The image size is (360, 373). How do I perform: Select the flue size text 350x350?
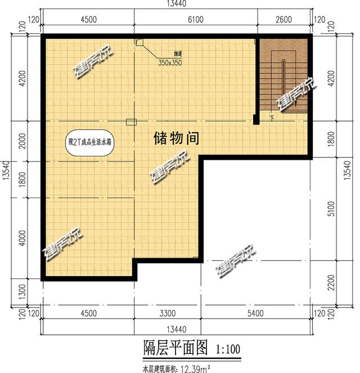[x=169, y=63]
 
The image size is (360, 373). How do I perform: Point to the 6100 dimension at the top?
[x=195, y=19]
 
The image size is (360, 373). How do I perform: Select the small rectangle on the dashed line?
[x=131, y=122]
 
